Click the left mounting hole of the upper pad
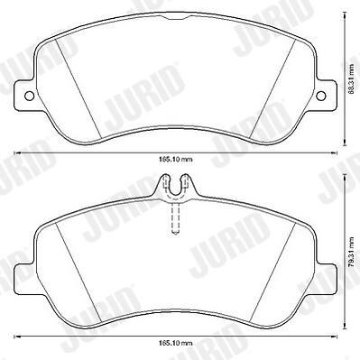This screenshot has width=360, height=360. pyautogui.click(x=29, y=96)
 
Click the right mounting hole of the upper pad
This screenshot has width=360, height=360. pyautogui.click(x=321, y=96)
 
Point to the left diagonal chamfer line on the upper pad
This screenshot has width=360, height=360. pyautogui.click(x=78, y=90)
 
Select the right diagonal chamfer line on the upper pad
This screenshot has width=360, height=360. pyautogui.click(x=272, y=90)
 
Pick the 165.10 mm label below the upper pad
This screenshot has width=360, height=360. pyautogui.click(x=176, y=160)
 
